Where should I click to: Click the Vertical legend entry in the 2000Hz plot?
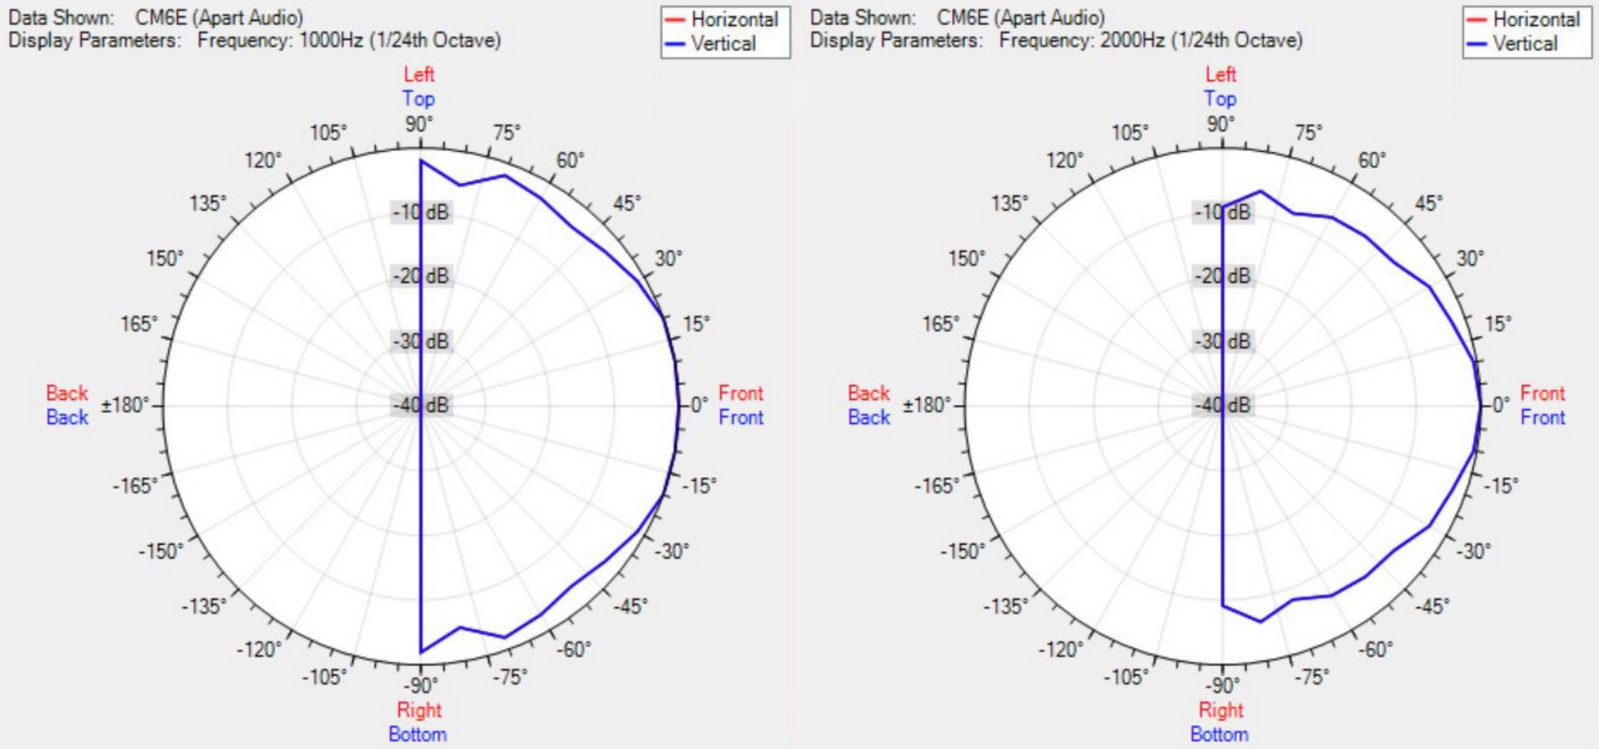tap(1525, 44)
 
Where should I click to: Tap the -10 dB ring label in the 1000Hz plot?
tap(422, 212)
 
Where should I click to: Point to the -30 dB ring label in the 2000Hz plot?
tap(1224, 342)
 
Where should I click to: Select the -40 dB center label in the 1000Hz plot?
tap(422, 406)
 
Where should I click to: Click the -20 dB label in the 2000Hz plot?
tap(1224, 277)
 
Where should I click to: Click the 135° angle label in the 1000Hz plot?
tap(208, 203)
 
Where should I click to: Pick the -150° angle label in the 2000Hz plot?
tap(963, 551)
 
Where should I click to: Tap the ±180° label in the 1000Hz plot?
tap(125, 405)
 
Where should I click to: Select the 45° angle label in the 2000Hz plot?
tap(1429, 203)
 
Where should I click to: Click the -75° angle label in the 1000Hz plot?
tap(510, 677)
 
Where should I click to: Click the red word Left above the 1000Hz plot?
tap(419, 74)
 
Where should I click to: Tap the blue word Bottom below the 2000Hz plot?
tap(1219, 734)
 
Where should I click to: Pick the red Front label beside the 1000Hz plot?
tap(740, 393)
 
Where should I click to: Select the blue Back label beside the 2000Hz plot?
tap(869, 418)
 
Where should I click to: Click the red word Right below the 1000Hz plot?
tap(419, 710)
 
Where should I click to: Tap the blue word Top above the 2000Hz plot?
tap(1220, 99)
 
